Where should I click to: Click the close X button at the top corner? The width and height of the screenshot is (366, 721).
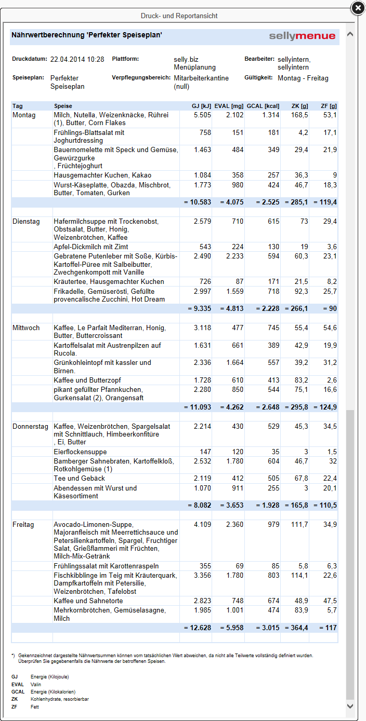click(358, 8)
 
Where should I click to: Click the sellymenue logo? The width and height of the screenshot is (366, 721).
click(302, 36)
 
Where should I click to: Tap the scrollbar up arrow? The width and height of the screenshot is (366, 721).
click(350, 34)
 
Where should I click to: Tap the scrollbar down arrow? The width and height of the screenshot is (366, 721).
click(350, 706)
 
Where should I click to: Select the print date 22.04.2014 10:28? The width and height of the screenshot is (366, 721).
click(77, 60)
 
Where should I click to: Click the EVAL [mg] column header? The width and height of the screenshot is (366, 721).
click(229, 106)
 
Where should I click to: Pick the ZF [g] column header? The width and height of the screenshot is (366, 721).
click(329, 106)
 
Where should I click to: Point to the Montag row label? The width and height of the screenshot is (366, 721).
click(24, 115)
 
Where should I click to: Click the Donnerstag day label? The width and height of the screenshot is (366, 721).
click(30, 427)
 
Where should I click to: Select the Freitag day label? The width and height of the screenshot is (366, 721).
click(23, 525)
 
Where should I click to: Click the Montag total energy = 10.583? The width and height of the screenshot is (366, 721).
click(198, 202)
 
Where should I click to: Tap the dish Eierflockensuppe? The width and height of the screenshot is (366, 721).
click(80, 452)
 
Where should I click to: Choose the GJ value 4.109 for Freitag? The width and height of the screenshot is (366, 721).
click(202, 525)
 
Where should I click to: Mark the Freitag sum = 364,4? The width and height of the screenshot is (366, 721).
click(296, 628)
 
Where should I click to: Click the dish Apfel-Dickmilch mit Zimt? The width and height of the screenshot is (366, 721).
click(91, 247)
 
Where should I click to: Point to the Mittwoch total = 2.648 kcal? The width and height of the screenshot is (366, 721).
click(268, 407)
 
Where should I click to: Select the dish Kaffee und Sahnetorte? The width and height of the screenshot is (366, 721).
click(88, 601)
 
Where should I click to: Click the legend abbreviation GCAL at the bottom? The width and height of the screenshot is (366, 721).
click(18, 692)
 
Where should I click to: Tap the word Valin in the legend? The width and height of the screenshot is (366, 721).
click(36, 684)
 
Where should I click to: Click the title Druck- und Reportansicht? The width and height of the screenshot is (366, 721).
click(179, 16)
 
